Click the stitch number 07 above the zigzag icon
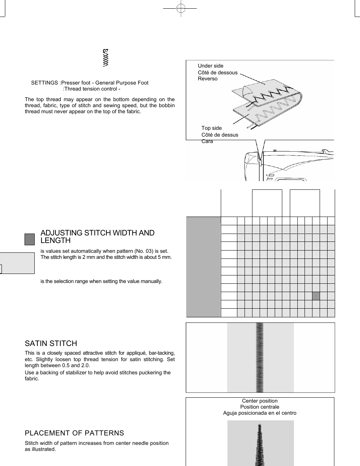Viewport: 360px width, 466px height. tap(106, 51)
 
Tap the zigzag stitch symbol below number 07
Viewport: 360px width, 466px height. tap(106, 60)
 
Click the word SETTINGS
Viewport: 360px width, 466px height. tap(45, 83)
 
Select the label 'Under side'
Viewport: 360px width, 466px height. tap(211, 66)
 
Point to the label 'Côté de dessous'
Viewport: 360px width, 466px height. tap(218, 72)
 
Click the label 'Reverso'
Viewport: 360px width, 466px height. tap(208, 78)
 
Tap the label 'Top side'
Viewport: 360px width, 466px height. tap(212, 128)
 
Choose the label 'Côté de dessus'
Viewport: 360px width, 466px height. tap(220, 135)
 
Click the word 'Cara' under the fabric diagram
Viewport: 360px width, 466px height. tap(207, 141)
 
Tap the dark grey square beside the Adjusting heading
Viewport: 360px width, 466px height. tap(29, 239)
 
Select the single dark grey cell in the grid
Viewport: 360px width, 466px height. tap(316, 296)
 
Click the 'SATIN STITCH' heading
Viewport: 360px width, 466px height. tap(51, 343)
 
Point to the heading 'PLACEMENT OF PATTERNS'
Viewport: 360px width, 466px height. tap(74, 433)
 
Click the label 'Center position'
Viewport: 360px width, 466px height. tap(260, 401)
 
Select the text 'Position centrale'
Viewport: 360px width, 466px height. tap(260, 407)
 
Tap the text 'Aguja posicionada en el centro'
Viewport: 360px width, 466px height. tap(260, 413)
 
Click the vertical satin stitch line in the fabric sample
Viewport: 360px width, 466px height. tap(260, 357)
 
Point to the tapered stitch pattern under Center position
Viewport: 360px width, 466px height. tap(260, 445)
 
